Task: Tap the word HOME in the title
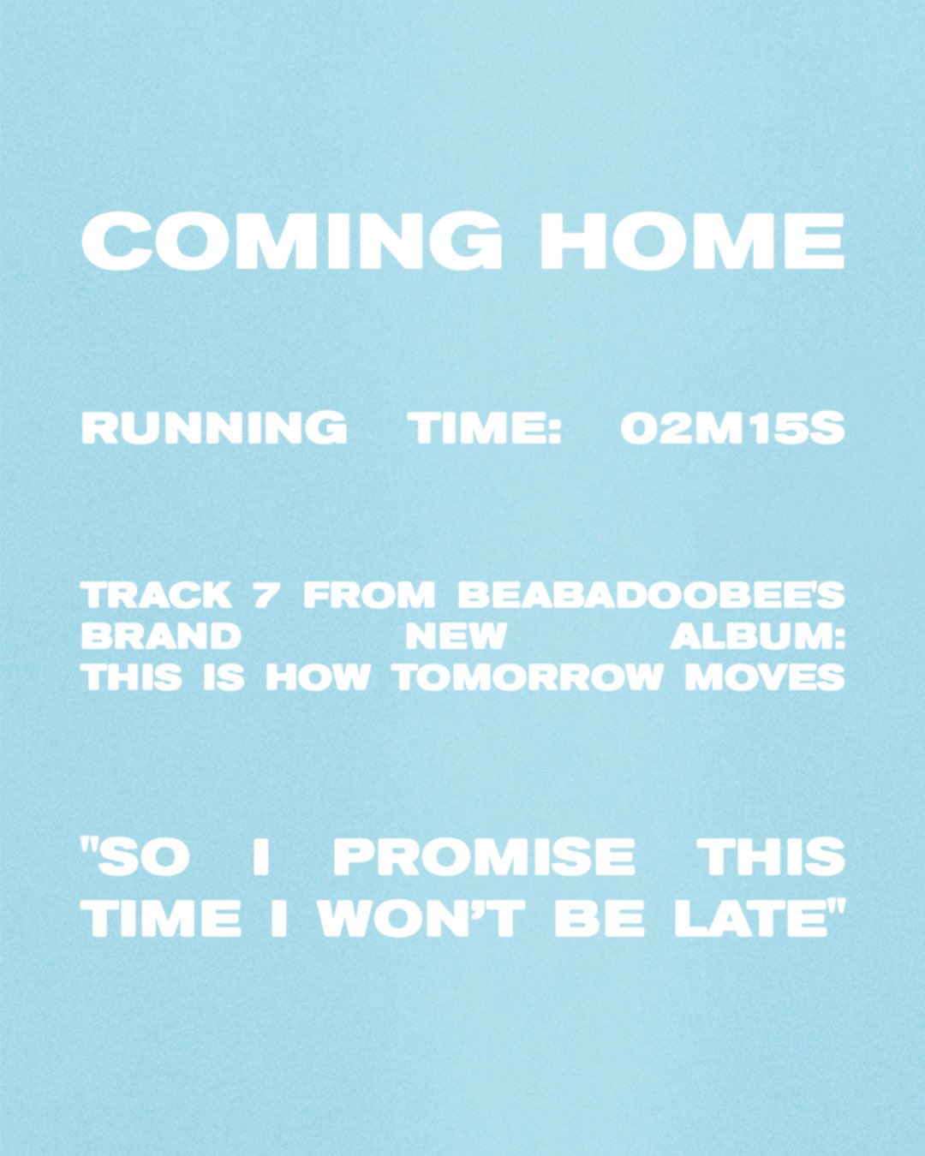(x=692, y=241)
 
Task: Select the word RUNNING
(x=214, y=428)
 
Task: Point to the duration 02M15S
(x=732, y=428)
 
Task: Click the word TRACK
(x=157, y=595)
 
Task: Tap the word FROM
(x=369, y=595)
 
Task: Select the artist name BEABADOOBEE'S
(x=651, y=595)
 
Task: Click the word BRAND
(x=161, y=636)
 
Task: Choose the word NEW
(x=456, y=636)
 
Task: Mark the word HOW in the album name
(x=317, y=677)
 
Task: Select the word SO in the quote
(x=141, y=858)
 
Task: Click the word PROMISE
(x=484, y=858)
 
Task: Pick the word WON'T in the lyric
(x=421, y=919)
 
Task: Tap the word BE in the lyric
(x=599, y=919)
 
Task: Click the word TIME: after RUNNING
(x=485, y=428)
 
